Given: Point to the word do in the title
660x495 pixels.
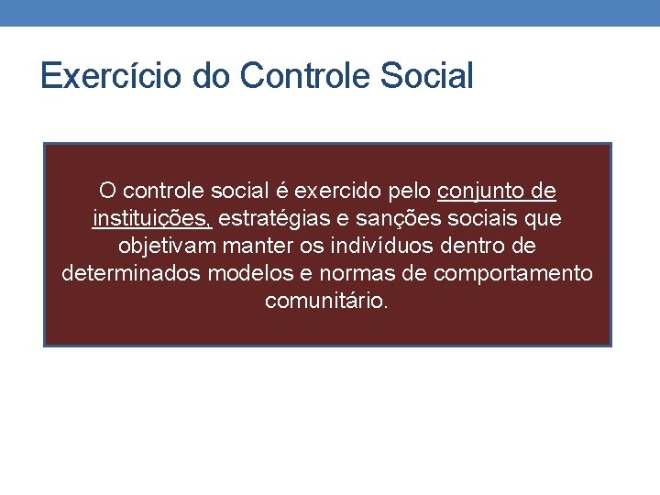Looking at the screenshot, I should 212,76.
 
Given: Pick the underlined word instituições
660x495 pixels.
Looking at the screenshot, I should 152,219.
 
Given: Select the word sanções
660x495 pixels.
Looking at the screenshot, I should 400,219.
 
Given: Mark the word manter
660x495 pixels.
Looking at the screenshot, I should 263,247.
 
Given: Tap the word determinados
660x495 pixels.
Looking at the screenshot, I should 130,274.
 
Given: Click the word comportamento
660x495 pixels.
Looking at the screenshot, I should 512,274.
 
